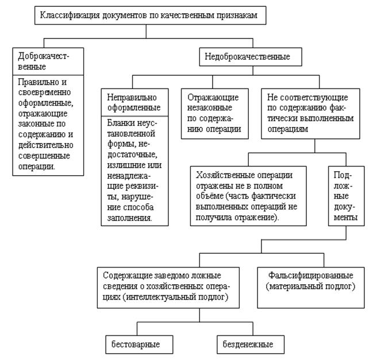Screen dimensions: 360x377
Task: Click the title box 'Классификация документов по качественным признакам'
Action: [x=152, y=16]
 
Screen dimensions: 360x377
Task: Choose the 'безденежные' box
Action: [x=245, y=344]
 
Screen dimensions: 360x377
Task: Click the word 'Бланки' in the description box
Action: [x=120, y=124]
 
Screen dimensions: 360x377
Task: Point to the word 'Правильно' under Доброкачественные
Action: [x=34, y=82]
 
